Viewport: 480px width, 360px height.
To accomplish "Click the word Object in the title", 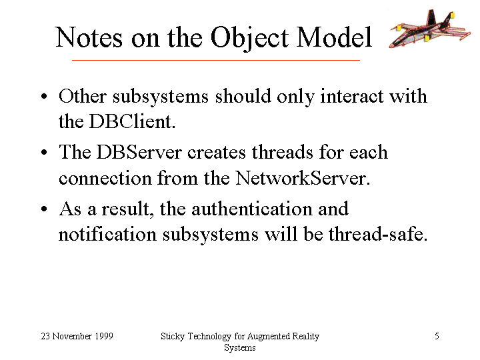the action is tap(249, 38).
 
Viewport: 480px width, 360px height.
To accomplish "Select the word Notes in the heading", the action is tap(89, 37).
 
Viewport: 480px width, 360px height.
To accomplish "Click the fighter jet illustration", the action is tap(430, 29).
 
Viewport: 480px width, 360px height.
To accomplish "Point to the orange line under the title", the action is tap(216, 60).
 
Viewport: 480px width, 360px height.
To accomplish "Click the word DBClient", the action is tap(132, 121).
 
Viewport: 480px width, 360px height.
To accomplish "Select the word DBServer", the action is tap(139, 152).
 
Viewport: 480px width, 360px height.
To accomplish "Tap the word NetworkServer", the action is tap(303, 177).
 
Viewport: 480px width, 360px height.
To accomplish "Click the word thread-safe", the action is tap(378, 234).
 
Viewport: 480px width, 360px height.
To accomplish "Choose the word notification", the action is tap(107, 234).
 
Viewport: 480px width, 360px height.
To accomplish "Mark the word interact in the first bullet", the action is tap(351, 96).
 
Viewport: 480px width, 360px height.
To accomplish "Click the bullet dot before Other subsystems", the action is tap(44, 97).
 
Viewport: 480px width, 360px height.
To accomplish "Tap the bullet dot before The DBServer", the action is tap(44, 152).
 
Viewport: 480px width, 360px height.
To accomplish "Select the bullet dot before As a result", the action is tap(44, 209).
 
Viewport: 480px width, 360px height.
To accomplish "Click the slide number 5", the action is tap(437, 336).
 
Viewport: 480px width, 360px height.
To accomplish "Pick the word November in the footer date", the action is tap(72, 336).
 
